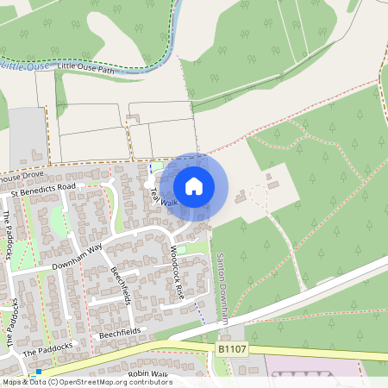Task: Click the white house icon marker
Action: click(194, 186)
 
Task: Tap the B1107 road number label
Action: click(228, 349)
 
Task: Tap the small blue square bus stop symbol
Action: click(39, 372)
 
